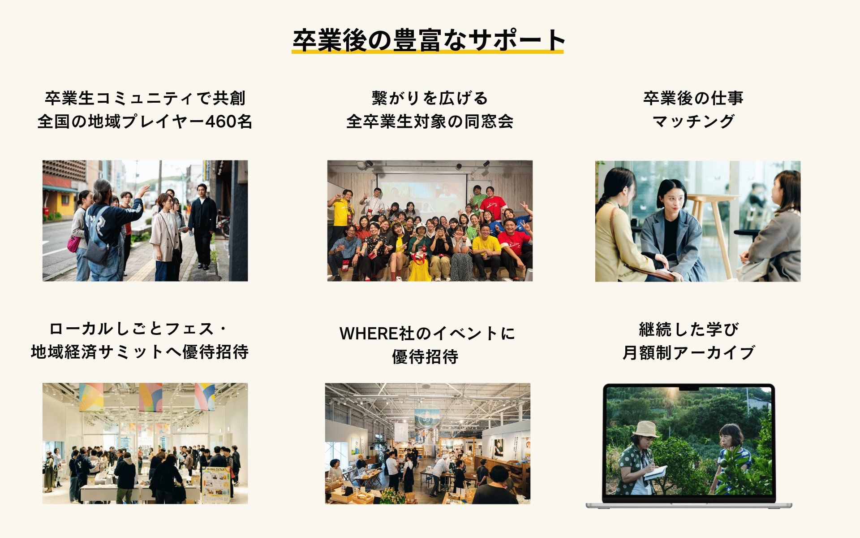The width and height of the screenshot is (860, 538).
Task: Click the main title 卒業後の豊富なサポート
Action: pyautogui.click(x=428, y=40)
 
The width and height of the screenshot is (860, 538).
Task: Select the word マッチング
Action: pyautogui.click(x=693, y=121)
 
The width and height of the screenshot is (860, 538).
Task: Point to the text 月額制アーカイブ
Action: pyautogui.click(x=689, y=353)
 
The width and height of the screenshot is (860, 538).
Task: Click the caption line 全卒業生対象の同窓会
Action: pyautogui.click(x=430, y=121)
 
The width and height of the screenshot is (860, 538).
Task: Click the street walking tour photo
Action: pyautogui.click(x=145, y=221)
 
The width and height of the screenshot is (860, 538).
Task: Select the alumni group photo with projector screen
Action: pyautogui.click(x=430, y=221)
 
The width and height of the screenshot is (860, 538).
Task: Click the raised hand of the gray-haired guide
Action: pyautogui.click(x=144, y=191)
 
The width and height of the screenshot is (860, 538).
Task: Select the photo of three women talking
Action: pyautogui.click(x=698, y=221)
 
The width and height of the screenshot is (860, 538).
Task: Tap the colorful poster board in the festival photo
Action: pyautogui.click(x=216, y=483)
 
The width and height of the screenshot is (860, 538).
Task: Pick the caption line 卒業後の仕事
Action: pyautogui.click(x=693, y=98)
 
